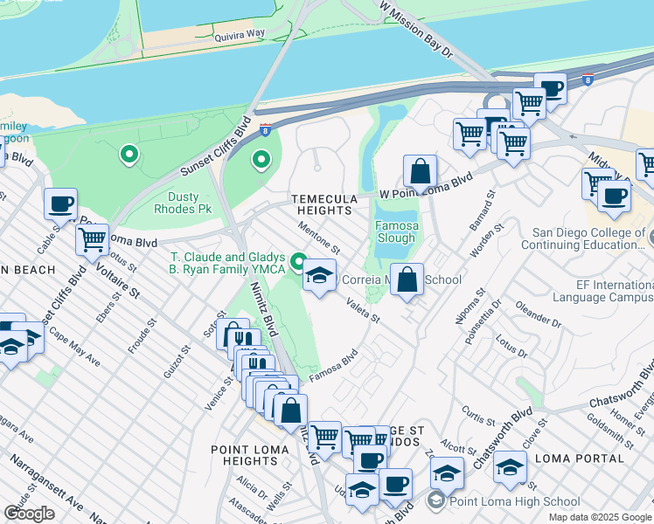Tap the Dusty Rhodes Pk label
177,203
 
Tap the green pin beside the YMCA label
298,261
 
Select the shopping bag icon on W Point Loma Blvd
421,171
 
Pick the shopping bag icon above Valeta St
407,280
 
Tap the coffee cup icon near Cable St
60,204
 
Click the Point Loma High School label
513,501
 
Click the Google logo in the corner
29,514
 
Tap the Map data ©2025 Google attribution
599,517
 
